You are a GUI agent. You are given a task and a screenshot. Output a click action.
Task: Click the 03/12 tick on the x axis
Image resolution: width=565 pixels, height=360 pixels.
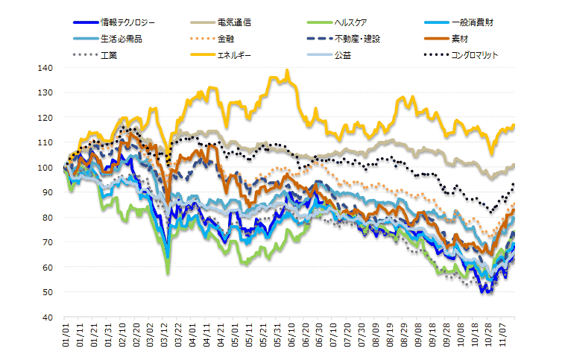tap(167, 336)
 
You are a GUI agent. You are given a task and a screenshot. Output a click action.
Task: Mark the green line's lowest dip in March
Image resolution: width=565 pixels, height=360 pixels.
tap(168, 274)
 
